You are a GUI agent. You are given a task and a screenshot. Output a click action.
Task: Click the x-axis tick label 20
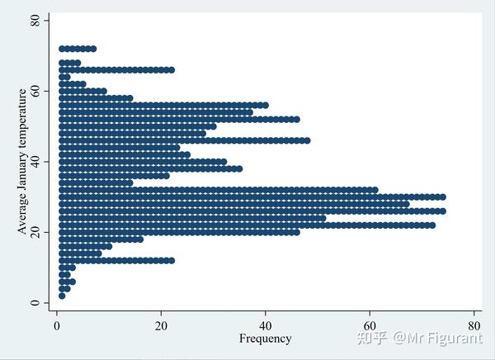coord(161,324)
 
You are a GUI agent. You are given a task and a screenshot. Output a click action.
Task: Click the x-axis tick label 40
coord(265,324)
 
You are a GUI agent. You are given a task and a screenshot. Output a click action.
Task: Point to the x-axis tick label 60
coord(370,324)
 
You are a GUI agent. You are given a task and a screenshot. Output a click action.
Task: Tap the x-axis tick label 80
coord(474,324)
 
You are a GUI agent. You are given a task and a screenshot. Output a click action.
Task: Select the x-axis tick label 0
coord(57,324)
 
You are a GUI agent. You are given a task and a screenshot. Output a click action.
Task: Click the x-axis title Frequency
coord(265,339)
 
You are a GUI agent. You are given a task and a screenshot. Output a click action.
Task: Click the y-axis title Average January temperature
coord(22,161)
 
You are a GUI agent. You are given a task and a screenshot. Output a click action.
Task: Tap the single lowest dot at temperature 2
coord(62,296)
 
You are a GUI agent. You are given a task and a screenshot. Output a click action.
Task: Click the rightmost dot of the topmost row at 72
coord(93,49)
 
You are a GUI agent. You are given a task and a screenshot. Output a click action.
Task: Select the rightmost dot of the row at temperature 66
coord(172,70)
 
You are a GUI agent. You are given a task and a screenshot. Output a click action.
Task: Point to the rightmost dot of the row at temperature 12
coord(172,260)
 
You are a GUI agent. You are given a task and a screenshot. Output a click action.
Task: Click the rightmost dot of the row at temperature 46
coord(307,140)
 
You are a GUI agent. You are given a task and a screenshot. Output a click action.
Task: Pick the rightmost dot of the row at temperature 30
coord(442,197)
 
